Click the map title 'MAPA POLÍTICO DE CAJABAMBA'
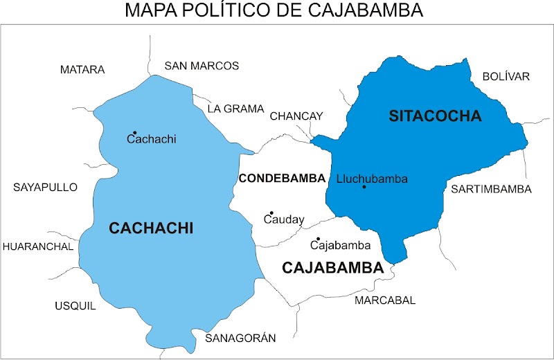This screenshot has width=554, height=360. click(x=274, y=10)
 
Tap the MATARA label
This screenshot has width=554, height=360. click(x=82, y=70)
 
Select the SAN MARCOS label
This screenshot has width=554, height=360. click(x=202, y=66)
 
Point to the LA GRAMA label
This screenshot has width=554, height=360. click(x=236, y=109)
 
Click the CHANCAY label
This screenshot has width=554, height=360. click(x=296, y=116)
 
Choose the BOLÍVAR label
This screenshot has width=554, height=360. click(x=506, y=76)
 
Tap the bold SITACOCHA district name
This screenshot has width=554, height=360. click(x=435, y=116)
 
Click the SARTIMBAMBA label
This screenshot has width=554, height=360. click(x=491, y=189)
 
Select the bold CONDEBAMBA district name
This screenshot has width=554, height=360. click(x=282, y=179)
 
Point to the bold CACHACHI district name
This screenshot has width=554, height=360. click(x=151, y=228)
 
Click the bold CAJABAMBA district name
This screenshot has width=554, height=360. click(x=333, y=267)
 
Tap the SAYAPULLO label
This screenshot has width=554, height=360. click(x=46, y=188)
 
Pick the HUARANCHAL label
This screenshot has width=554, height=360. click(x=38, y=246)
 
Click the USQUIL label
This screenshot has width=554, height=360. click(x=75, y=306)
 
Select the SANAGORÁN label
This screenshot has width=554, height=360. click(x=240, y=338)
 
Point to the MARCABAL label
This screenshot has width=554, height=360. click(x=385, y=300)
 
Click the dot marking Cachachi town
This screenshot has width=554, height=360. click(x=135, y=132)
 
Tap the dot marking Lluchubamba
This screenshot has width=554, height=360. click(x=364, y=187)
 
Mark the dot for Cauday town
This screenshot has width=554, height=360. click(x=271, y=213)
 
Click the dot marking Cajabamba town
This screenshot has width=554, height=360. click(x=318, y=239)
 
